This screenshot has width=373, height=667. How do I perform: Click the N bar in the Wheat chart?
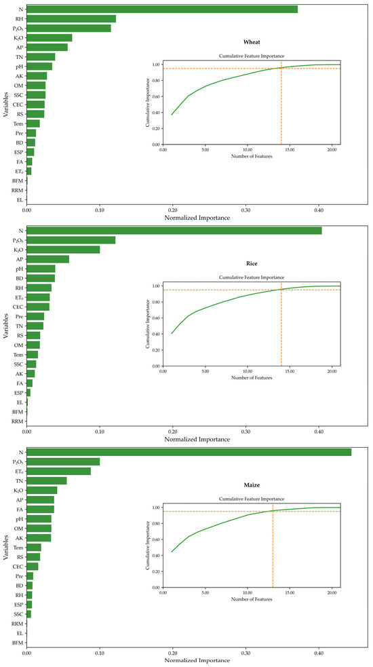click(162, 9)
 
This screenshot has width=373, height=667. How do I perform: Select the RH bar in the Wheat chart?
click(71, 19)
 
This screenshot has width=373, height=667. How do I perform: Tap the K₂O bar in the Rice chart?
click(63, 250)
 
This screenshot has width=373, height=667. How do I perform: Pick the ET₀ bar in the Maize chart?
click(59, 472)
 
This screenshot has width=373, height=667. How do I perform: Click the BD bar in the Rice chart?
click(41, 278)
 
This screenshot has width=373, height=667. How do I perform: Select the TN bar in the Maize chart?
click(47, 480)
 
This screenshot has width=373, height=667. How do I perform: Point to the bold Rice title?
click(252, 264)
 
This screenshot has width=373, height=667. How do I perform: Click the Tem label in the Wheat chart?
click(19, 123)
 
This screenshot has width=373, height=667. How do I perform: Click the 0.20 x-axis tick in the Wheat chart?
click(173, 210)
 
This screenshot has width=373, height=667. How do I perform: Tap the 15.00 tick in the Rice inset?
click(290, 372)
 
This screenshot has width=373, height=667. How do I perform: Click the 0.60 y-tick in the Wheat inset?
click(156, 96)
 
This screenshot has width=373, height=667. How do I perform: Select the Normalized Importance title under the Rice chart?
click(197, 440)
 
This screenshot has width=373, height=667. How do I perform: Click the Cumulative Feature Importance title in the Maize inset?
click(252, 499)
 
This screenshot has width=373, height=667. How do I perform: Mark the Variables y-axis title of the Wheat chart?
click(5, 103)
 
